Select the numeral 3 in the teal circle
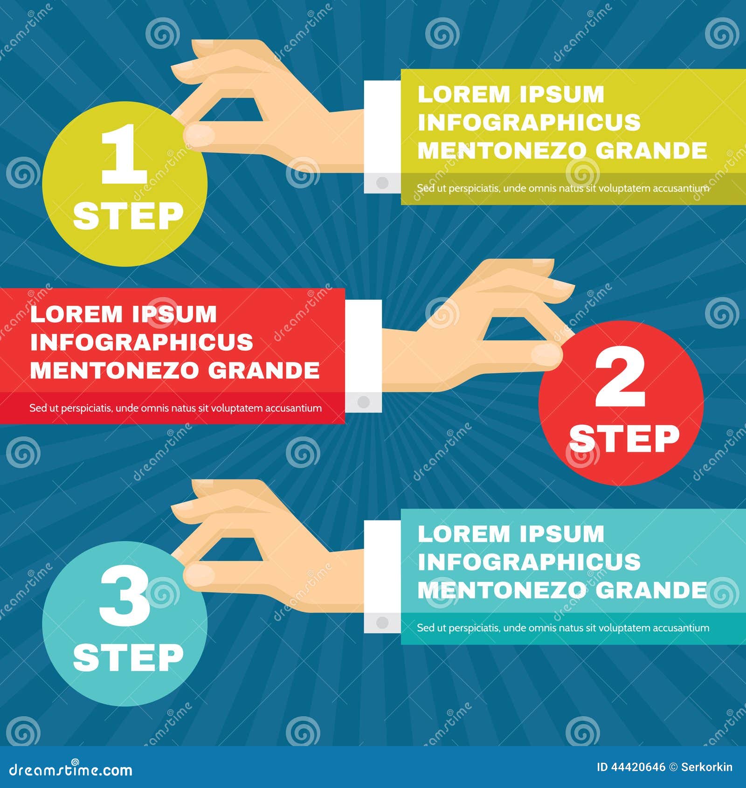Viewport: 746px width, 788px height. coord(125,598)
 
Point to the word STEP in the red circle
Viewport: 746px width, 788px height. coord(624,438)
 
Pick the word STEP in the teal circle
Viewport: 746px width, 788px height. coord(128,657)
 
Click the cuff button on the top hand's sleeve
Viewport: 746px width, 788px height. coord(382,182)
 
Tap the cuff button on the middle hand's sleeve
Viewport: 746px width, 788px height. coord(363,401)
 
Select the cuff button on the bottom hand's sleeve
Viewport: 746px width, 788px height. coord(382,622)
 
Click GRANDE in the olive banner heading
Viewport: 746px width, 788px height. coord(651,151)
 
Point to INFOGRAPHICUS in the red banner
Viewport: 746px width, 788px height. coord(141,342)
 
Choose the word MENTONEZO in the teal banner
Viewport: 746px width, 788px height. coord(502,590)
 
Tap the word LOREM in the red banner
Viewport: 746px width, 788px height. coord(76,314)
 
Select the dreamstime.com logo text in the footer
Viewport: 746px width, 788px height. coord(71,769)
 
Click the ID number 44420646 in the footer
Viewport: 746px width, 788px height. coord(638,767)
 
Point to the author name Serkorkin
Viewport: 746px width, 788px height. coord(706,767)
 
